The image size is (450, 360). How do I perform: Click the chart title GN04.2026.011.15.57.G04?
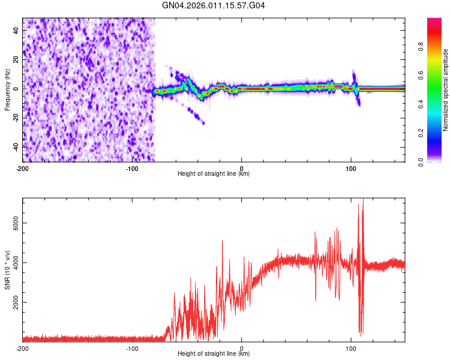click(x=214, y=6)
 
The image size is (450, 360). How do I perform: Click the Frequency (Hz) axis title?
click(x=7, y=90)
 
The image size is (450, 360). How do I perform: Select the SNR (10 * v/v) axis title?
click(x=7, y=270)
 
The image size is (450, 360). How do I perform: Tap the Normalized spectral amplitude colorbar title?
click(x=446, y=90)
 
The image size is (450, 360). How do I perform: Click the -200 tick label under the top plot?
click(x=23, y=168)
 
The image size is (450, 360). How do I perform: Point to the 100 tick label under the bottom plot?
click(x=351, y=348)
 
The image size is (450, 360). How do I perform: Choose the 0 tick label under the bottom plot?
click(x=242, y=348)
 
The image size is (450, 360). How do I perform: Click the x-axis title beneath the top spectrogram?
click(x=214, y=174)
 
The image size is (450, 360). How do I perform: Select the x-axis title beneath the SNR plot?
click(x=214, y=354)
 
